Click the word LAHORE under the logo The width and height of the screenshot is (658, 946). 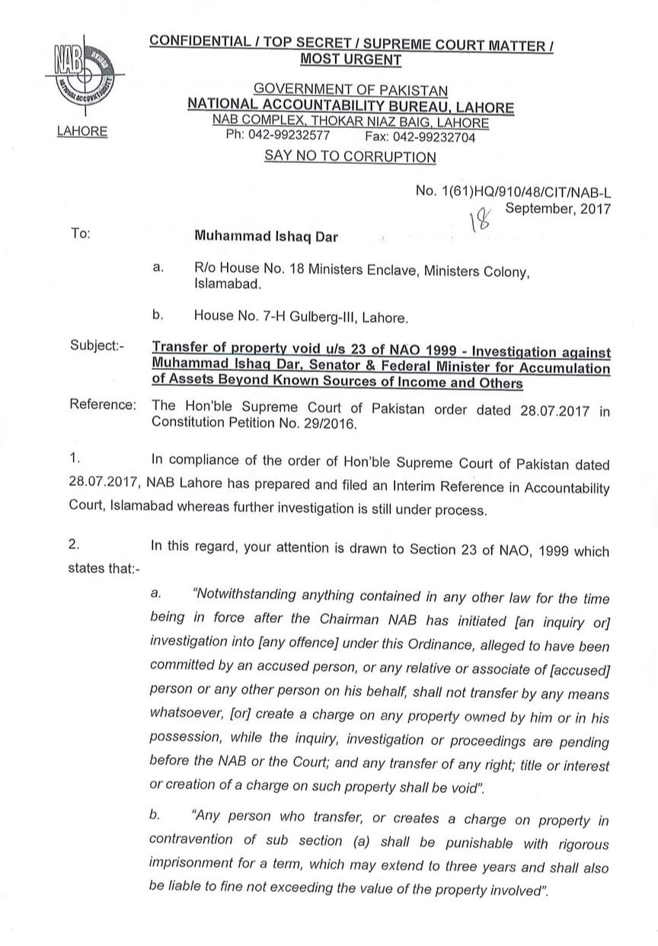coord(82,131)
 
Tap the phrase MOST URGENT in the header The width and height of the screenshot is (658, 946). coord(351,59)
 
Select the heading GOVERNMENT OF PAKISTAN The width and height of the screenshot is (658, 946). coord(350,92)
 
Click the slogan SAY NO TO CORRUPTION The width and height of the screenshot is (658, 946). coord(350,157)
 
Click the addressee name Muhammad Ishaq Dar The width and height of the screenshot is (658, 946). coord(266,236)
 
